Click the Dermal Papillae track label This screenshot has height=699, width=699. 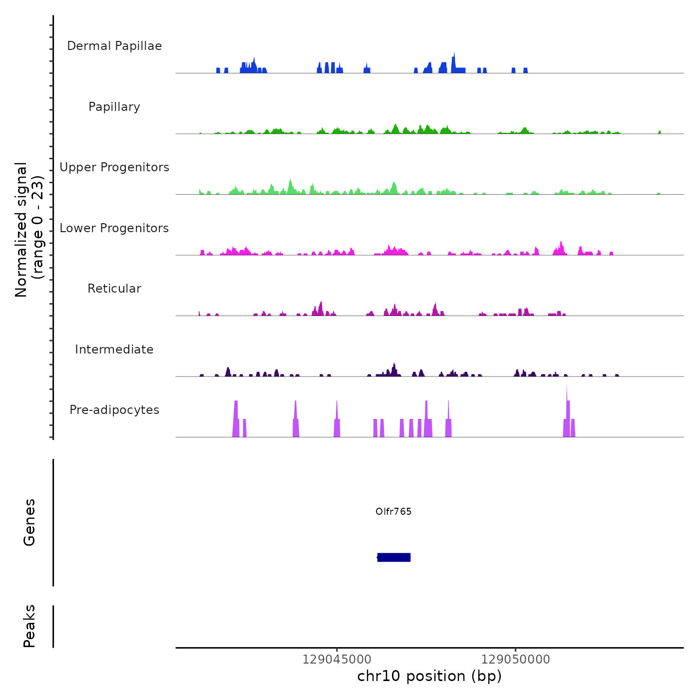tap(114, 46)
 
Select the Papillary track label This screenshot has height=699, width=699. tap(114, 107)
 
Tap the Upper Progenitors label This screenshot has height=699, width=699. tap(114, 167)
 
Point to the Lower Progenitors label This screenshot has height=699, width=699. tap(114, 228)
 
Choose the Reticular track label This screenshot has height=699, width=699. tap(114, 289)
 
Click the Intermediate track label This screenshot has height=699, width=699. tap(114, 349)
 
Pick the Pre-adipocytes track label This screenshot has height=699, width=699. tap(114, 410)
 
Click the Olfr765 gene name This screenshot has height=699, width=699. tap(393, 511)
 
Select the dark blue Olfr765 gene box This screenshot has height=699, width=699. tap(394, 557)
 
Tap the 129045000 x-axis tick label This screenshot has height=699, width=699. tap(337, 660)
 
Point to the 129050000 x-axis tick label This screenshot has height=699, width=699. tap(516, 660)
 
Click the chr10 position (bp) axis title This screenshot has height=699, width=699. tap(429, 676)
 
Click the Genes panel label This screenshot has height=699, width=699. tap(29, 522)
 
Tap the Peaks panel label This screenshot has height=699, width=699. tap(29, 626)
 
